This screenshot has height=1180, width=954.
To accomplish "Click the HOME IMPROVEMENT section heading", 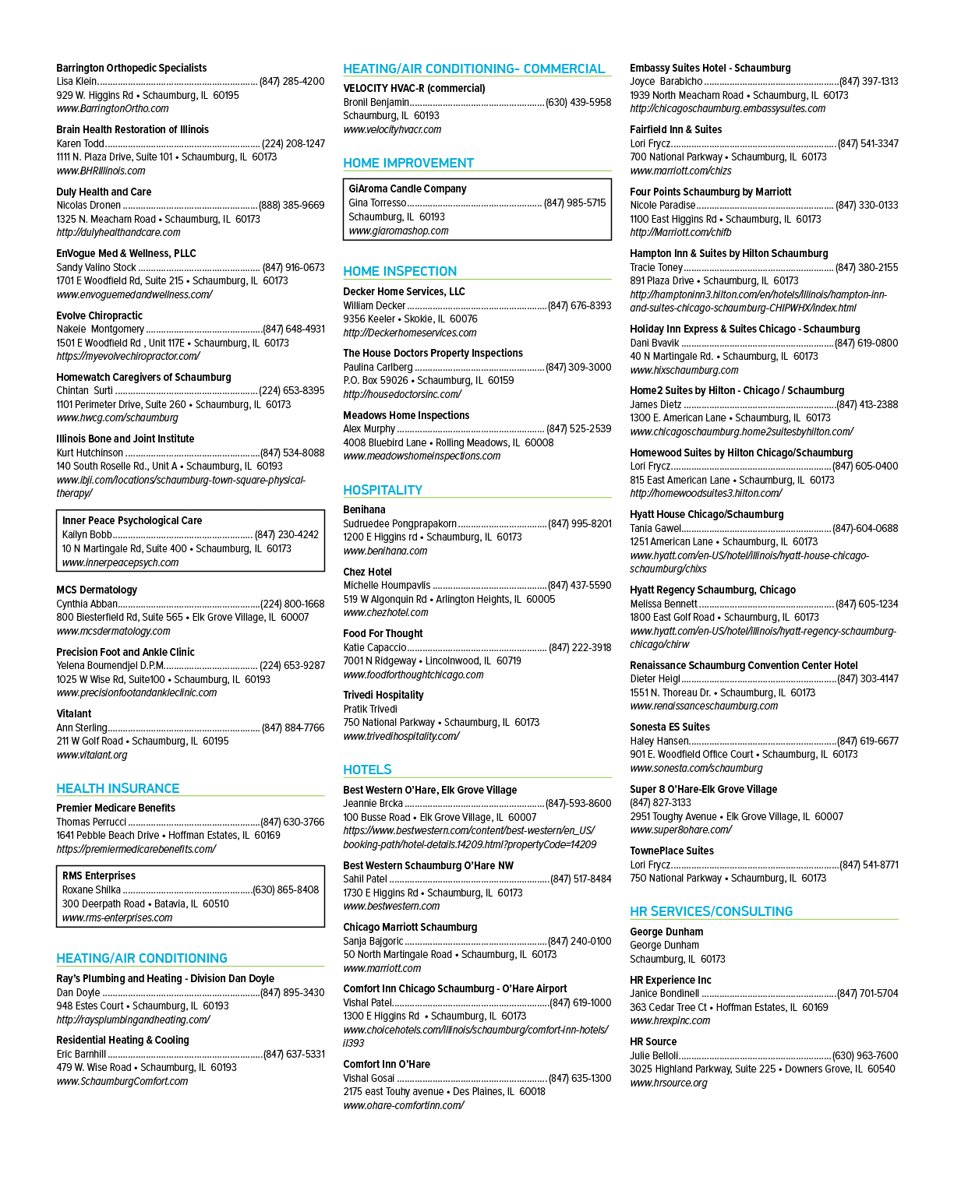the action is (x=408, y=163).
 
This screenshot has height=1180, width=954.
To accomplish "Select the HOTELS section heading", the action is (x=367, y=770).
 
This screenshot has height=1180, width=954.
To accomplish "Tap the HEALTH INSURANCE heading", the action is (x=118, y=787).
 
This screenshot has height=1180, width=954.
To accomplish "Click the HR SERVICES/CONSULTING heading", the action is (x=711, y=911).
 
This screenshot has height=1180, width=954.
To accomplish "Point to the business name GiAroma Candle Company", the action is (x=408, y=188).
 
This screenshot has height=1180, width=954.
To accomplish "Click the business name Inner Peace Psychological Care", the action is (x=132, y=520).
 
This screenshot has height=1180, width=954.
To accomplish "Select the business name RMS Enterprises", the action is (x=99, y=875).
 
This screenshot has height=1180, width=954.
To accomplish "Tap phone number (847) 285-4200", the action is (x=291, y=82).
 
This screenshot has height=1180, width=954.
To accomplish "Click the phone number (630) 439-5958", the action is (x=578, y=103).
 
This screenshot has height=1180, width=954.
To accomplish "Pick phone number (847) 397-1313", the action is (x=868, y=82).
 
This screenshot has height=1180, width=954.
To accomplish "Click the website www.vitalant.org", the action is (x=92, y=755).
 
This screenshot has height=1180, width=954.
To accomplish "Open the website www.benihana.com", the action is (x=385, y=551).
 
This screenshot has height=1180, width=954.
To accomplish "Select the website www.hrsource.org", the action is (x=669, y=1083).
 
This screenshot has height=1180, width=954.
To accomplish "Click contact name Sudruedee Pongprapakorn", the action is (x=400, y=523).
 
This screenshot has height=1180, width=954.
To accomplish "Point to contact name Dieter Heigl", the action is (x=655, y=678).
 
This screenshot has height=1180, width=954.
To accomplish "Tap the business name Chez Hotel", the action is (x=367, y=572).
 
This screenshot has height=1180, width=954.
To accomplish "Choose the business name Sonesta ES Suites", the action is (x=670, y=727).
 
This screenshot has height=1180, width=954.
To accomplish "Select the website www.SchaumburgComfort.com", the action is (x=122, y=1081).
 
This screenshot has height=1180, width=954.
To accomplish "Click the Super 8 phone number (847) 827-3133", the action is (x=660, y=802).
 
